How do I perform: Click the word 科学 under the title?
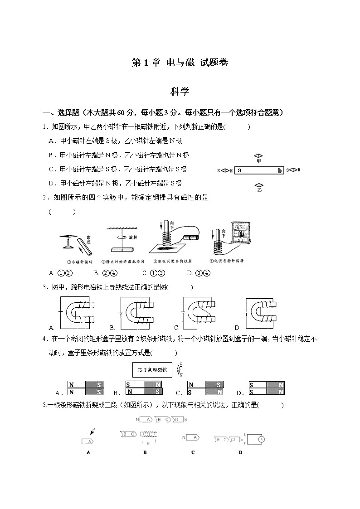180,92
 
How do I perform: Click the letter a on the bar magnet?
239,170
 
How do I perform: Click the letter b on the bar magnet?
280,170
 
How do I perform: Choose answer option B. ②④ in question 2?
106,273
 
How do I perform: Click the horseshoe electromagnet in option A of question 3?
77,313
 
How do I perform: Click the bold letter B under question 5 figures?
145,452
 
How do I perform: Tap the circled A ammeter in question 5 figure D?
261,439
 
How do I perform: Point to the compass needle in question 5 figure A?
92,431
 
